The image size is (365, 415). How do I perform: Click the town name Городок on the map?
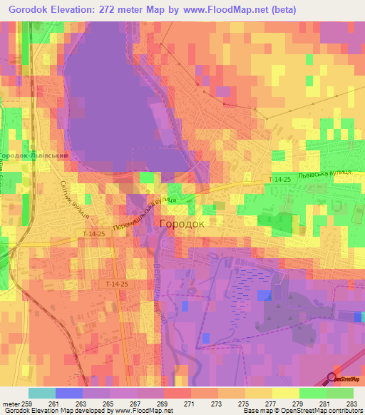[x=181, y=223]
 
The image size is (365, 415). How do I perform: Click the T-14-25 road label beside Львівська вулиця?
[x=281, y=179]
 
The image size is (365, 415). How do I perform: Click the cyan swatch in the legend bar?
[x=42, y=393]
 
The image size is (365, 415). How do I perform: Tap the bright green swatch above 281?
[x=313, y=393]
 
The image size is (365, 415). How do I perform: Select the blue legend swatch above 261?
[x=69, y=393]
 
